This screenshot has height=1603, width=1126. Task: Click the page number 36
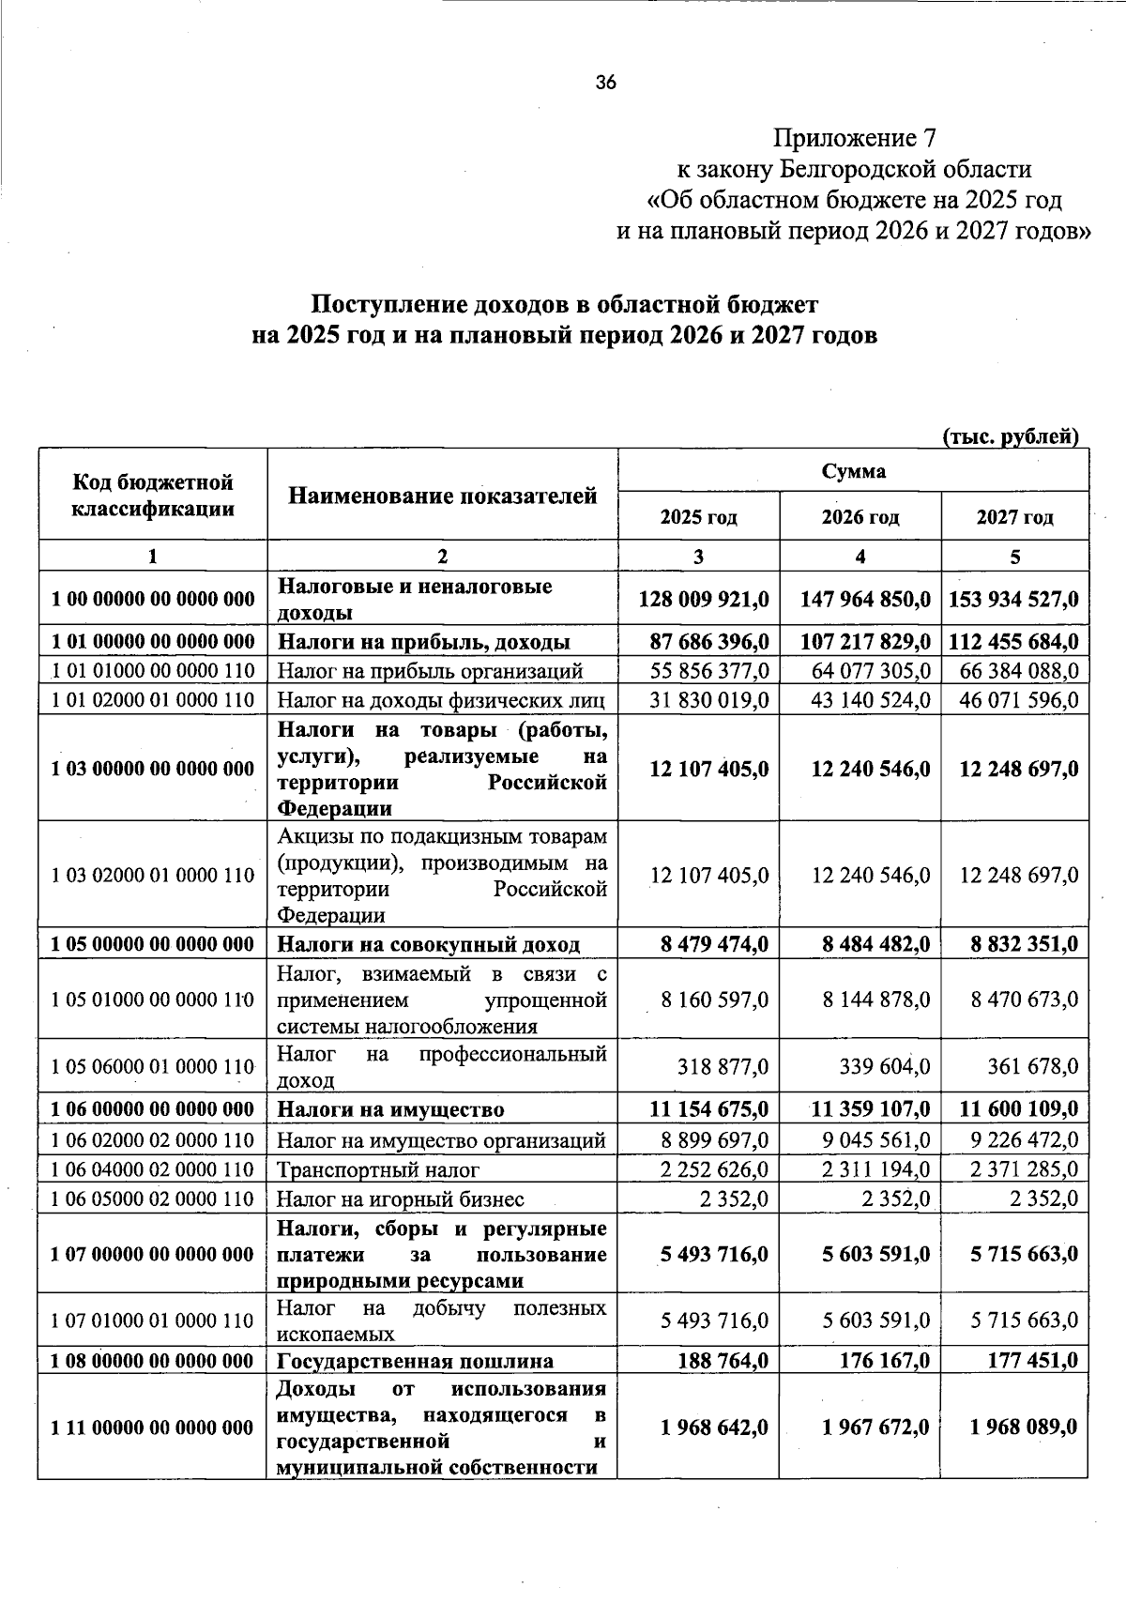pos(605,84)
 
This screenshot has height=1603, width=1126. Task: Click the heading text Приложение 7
pos(854,139)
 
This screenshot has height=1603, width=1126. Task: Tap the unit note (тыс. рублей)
pos(1010,436)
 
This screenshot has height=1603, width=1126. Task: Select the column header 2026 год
pos(860,517)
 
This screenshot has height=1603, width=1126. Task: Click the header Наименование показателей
pos(442,496)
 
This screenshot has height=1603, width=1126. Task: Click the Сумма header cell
pos(853,471)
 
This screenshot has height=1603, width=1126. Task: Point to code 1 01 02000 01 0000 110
pos(153,700)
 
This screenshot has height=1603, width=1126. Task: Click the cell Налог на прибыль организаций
pos(430,671)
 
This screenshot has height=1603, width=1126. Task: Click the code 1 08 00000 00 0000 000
pos(153,1361)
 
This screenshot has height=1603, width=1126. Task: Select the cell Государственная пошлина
pos(415,1361)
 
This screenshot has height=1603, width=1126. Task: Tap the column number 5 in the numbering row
pos(1014,557)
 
